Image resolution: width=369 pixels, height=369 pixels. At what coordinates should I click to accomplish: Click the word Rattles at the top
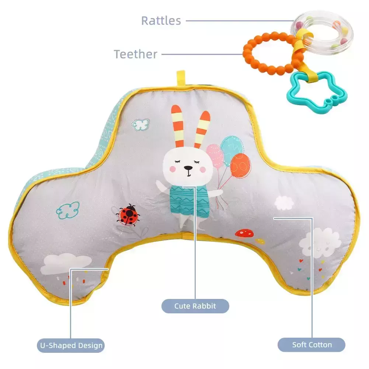click(x=161, y=21)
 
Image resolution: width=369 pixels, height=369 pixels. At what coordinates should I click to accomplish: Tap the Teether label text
click(x=136, y=54)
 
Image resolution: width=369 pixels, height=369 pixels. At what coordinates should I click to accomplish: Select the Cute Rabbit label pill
click(x=195, y=306)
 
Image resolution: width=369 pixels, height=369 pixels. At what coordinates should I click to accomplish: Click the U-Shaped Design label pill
click(x=71, y=345)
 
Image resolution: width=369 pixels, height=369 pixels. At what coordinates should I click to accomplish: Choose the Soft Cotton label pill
click(x=311, y=345)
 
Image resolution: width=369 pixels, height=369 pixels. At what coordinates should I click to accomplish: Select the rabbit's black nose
click(x=188, y=168)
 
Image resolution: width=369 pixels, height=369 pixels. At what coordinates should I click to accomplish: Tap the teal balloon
click(x=232, y=147)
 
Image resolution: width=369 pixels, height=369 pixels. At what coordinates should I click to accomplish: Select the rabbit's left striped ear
click(x=178, y=126)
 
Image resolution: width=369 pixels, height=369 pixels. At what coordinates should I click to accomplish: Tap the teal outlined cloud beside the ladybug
click(x=68, y=210)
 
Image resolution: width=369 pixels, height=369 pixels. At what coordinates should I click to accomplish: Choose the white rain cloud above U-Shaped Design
click(x=66, y=264)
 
